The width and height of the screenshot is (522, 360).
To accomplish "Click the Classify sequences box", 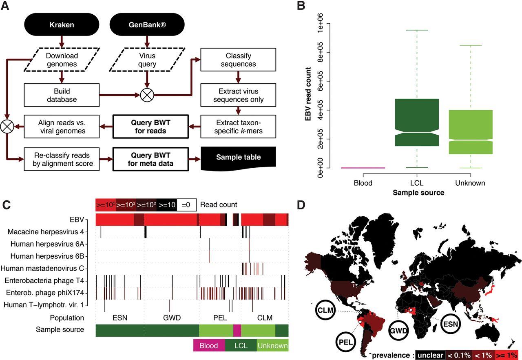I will (238, 59).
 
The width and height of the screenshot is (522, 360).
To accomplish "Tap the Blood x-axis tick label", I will (363, 183).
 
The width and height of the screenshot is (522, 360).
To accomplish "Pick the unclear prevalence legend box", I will (430, 355).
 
